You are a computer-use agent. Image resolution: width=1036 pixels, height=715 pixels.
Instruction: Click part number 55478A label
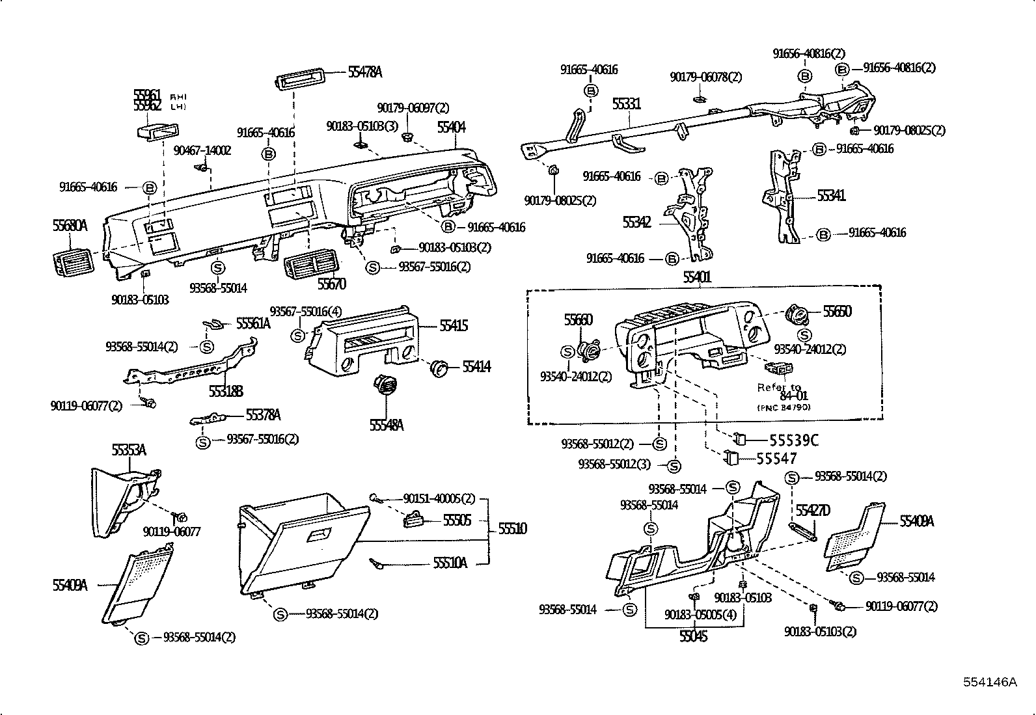[x=364, y=73]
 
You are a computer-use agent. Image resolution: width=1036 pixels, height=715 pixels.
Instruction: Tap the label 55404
[x=452, y=127]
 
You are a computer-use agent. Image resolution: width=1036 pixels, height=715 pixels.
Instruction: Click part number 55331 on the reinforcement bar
[x=626, y=104]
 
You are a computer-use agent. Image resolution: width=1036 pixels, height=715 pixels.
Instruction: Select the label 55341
[x=831, y=195]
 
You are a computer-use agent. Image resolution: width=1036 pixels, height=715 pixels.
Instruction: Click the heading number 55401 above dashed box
[x=697, y=277]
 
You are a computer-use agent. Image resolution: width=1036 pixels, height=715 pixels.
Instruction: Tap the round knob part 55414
[x=440, y=368]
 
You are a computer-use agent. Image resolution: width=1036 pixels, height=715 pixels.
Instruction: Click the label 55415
[x=454, y=325]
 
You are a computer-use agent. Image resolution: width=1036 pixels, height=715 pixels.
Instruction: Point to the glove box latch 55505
[x=415, y=520]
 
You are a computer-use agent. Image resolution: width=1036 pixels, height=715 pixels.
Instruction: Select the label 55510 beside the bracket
[x=513, y=528]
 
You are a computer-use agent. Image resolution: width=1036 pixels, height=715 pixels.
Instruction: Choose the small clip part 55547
[x=731, y=458]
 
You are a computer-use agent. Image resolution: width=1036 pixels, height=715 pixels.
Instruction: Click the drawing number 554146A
[x=989, y=682]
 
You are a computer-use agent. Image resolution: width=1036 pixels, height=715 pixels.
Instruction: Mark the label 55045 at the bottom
[x=693, y=637]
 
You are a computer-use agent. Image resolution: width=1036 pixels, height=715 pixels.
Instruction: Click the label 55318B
[x=226, y=390]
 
